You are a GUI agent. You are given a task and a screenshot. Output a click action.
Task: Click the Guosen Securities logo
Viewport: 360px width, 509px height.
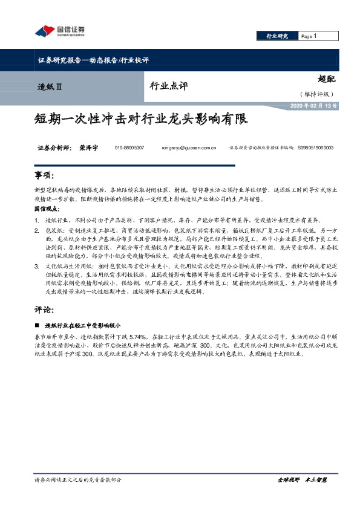[x=59, y=31]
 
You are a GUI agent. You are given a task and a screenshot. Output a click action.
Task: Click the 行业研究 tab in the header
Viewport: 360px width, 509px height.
[x=278, y=37]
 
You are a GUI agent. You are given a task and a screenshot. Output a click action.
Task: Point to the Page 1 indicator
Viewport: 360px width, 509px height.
[x=309, y=37]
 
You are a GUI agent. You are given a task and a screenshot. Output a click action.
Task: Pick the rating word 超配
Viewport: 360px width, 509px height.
[x=326, y=78]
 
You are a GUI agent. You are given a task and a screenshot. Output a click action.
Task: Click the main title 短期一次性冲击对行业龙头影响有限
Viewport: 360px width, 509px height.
[x=140, y=118]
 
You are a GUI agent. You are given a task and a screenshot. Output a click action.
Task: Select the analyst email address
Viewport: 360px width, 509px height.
[x=189, y=148]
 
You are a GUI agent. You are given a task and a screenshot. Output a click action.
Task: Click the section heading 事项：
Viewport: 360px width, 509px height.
[x=45, y=175]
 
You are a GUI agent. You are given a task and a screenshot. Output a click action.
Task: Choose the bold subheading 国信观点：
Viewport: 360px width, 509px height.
[x=47, y=207]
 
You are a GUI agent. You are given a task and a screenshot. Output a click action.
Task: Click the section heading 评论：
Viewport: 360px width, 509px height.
[x=45, y=308]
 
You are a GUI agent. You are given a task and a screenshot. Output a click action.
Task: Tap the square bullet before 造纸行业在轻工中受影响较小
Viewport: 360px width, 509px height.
[x=38, y=325]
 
